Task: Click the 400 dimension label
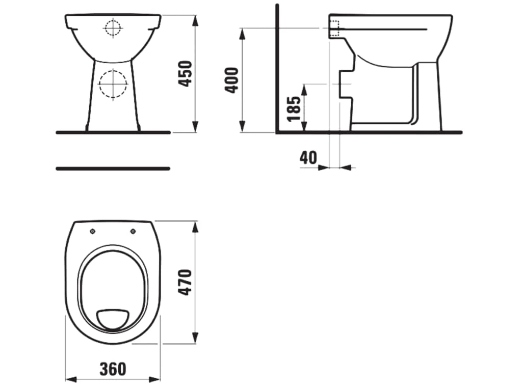pyautogui.click(x=232, y=80)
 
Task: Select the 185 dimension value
pyautogui.click(x=294, y=109)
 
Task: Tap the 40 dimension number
pyautogui.click(x=308, y=158)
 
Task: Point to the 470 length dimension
pyautogui.click(x=185, y=283)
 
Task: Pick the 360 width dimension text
pyautogui.click(x=113, y=369)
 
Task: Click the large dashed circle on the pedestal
pyautogui.click(x=113, y=84)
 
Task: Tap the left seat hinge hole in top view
pyautogui.click(x=93, y=232)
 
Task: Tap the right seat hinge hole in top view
pyautogui.click(x=133, y=231)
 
